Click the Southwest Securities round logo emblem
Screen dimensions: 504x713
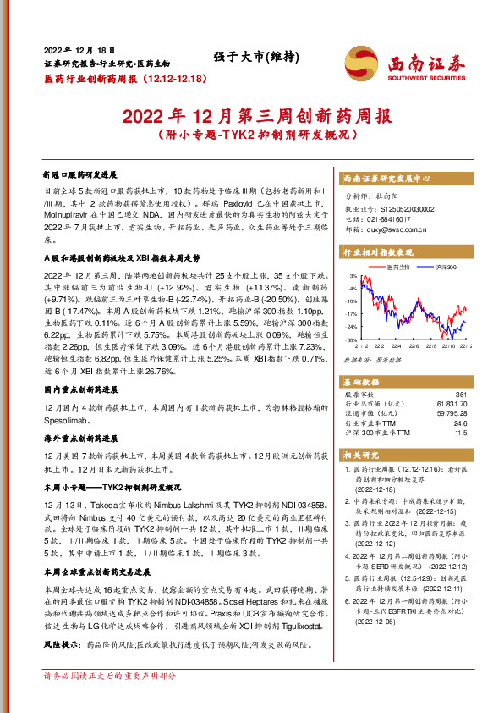tap(360, 61)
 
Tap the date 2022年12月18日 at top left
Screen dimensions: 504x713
tap(79, 51)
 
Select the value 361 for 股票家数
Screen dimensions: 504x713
tap(461, 395)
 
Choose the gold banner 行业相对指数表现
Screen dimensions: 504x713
tap(377, 252)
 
